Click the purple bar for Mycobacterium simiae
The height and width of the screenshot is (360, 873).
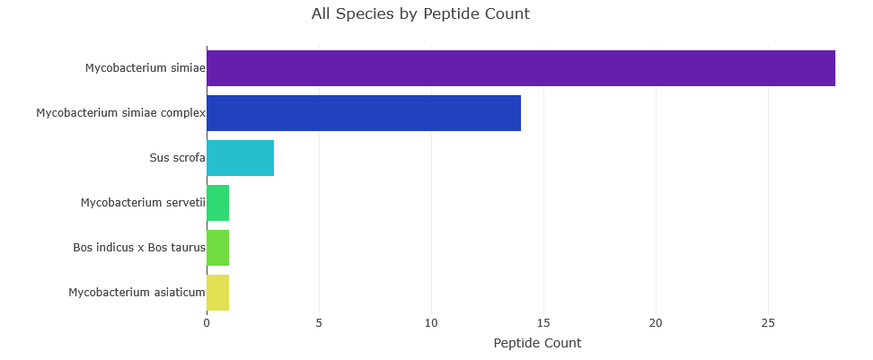521,68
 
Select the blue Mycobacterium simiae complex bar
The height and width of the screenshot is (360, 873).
364,113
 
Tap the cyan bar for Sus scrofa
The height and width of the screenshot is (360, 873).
240,158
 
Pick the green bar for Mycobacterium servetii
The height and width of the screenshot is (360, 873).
217,203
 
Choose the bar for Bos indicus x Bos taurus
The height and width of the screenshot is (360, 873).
217,248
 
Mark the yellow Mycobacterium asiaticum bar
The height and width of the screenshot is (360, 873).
217,293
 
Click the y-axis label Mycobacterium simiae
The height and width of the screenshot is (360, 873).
145,68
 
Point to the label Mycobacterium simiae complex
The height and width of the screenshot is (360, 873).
121,113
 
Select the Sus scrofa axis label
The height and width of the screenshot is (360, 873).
178,158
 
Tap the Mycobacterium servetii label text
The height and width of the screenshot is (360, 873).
143,203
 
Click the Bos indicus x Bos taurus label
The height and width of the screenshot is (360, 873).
139,248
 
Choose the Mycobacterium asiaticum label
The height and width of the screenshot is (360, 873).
137,293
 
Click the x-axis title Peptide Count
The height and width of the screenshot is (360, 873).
537,343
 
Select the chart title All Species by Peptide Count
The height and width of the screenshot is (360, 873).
420,13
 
